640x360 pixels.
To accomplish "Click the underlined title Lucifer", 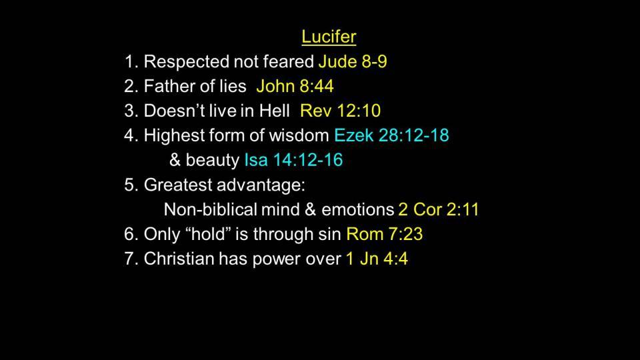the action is pyautogui.click(x=329, y=37).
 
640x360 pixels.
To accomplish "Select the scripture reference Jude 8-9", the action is pyautogui.click(x=353, y=61).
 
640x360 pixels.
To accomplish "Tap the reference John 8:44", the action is pyautogui.click(x=295, y=86).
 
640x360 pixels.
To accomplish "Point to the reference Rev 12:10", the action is pyautogui.click(x=340, y=111).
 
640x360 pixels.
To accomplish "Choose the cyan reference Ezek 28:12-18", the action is pyautogui.click(x=391, y=135).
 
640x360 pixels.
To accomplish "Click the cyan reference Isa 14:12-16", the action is pyautogui.click(x=293, y=160).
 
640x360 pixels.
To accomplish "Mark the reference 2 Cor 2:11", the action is pyautogui.click(x=439, y=209).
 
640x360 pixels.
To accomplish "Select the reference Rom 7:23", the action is pyautogui.click(x=385, y=234).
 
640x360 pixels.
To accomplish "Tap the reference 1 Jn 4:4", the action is pyautogui.click(x=377, y=259).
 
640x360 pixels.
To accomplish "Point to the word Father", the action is pyautogui.click(x=171, y=86).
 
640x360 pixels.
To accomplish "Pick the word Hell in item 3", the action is pyautogui.click(x=274, y=111).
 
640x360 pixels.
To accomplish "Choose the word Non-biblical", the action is pyautogui.click(x=210, y=209).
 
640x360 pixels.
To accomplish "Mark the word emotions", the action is pyautogui.click(x=357, y=209).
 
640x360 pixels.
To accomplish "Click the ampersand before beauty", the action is pyautogui.click(x=175, y=160).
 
